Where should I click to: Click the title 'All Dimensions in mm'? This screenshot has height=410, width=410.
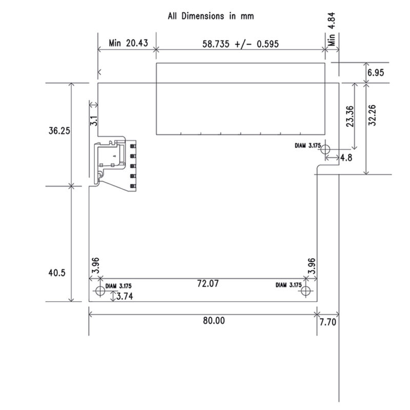pyautogui.click(x=211, y=16)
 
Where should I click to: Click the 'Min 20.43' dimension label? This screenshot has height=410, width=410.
pyautogui.click(x=129, y=44)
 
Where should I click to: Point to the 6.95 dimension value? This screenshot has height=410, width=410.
pyautogui.click(x=375, y=73)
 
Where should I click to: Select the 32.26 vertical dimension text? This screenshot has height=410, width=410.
pyautogui.click(x=373, y=114)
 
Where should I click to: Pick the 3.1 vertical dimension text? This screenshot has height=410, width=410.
pyautogui.click(x=93, y=121)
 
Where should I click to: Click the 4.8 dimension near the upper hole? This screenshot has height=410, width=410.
pyautogui.click(x=346, y=158)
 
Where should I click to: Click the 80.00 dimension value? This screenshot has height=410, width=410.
pyautogui.click(x=213, y=321)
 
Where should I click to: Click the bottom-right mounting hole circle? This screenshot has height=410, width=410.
pyautogui.click(x=306, y=291)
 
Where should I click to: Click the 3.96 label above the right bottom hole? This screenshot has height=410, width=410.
pyautogui.click(x=312, y=266)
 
